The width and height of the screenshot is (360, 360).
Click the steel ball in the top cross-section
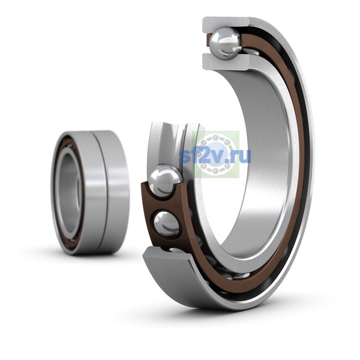[226, 43]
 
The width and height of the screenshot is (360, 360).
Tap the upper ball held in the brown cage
[165, 181]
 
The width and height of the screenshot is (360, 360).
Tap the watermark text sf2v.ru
[215, 155]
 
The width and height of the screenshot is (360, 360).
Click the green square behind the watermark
[216, 154]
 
